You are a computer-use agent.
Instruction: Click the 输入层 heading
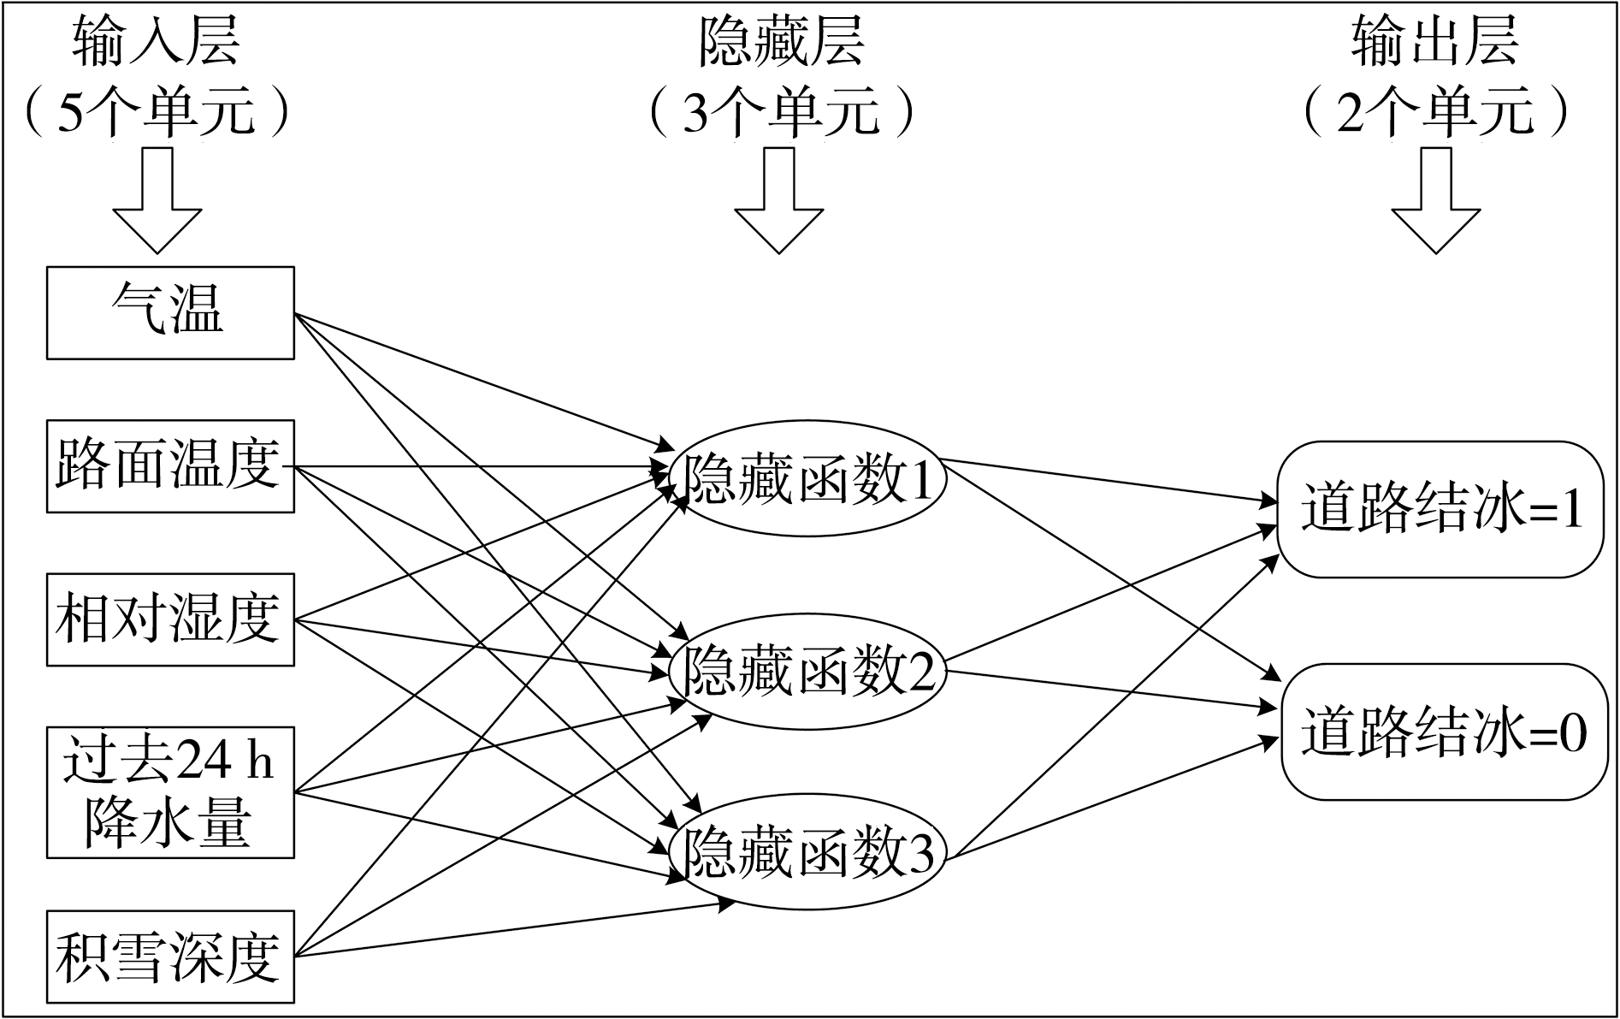(x=157, y=41)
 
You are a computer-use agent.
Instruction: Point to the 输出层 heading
(x=1435, y=41)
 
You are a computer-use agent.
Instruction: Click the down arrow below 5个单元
(x=157, y=201)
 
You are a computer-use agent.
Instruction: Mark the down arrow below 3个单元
(x=779, y=201)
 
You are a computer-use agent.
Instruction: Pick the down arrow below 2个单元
(x=1436, y=201)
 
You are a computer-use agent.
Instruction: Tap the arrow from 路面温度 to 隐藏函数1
(x=482, y=467)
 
